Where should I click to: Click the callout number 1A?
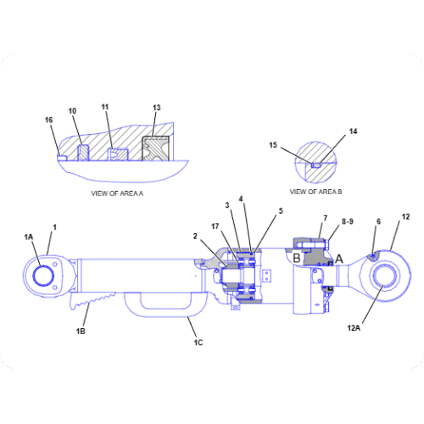(x=29, y=237)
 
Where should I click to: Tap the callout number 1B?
(x=81, y=331)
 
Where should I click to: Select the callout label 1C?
(x=198, y=343)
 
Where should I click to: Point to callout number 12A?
(x=354, y=328)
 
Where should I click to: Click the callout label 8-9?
(x=348, y=221)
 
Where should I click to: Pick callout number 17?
(x=215, y=226)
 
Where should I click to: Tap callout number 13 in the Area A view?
(x=157, y=108)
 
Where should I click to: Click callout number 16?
(x=49, y=120)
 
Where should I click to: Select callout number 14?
(x=354, y=131)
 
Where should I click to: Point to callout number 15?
(x=273, y=145)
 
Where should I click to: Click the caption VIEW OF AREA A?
(x=117, y=193)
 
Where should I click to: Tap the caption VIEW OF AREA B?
(x=315, y=192)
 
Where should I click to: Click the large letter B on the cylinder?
(x=297, y=258)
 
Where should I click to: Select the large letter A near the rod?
(x=338, y=259)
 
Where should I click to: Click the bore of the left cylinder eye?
(x=43, y=276)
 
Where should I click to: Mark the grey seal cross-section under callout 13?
(x=156, y=148)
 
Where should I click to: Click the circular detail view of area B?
(x=316, y=161)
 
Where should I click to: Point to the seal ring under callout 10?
(x=83, y=153)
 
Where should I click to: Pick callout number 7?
(x=326, y=218)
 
